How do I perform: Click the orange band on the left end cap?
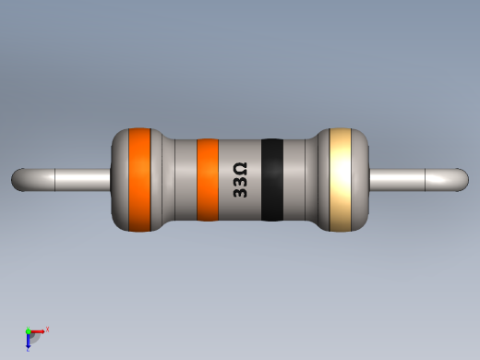pos(139,179)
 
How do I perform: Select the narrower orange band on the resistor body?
pos(208,180)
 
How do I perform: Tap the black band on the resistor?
pos(271,180)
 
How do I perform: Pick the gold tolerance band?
pos(342,179)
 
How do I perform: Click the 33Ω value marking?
pos(239,181)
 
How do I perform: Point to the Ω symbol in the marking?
pos(239,168)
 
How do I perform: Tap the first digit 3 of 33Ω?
pos(239,193)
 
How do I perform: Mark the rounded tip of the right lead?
pos(461,179)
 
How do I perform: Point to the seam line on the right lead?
pos(424,179)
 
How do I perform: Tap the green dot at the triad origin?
pos(28,330)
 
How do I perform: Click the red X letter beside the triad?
pos(47,329)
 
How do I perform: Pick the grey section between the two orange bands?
pos(174,180)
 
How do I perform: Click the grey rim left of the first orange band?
pos(119,179)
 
